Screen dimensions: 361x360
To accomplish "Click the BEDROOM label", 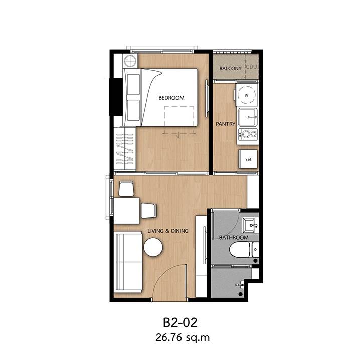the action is point(171,98).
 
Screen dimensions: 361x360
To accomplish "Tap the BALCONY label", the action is point(230,68).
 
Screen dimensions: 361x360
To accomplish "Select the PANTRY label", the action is point(226,124).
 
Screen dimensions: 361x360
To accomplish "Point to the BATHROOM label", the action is point(234,237).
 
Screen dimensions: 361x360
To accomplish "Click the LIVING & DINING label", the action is point(168,231).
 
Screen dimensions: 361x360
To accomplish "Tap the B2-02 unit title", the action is point(180,322).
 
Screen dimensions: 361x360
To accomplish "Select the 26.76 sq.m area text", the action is point(183,338).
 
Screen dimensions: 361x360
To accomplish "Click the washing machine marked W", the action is point(247,95).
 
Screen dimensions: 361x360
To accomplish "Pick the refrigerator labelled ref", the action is point(248,159).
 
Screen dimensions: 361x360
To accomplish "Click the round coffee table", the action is point(153,247).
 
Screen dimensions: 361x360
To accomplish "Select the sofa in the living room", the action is point(128,262).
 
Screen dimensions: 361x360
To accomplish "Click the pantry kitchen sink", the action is point(248,117).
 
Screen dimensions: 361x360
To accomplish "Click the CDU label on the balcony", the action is point(252,68).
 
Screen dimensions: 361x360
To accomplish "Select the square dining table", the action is point(127,211).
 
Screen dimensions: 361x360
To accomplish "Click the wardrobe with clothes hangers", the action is point(125,149).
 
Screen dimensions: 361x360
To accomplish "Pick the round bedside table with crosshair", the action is point(130,61).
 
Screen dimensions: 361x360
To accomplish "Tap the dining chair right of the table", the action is point(149,211).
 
